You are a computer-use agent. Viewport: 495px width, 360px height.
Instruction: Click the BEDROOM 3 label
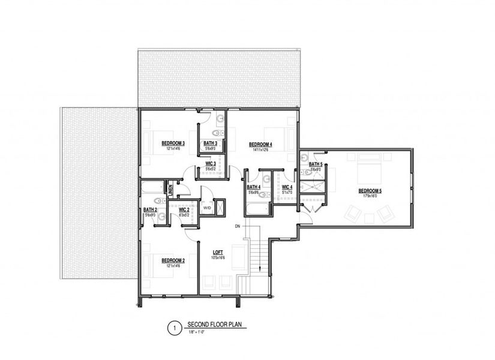click(x=173, y=143)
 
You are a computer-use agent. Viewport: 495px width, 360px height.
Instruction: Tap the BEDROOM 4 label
click(x=261, y=144)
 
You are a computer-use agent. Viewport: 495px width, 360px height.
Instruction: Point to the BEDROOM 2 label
click(x=172, y=260)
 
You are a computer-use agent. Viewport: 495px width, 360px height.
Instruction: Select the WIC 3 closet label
click(x=210, y=163)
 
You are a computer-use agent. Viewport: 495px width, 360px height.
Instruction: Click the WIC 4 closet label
click(x=287, y=187)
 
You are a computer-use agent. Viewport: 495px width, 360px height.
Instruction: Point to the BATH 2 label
click(x=150, y=209)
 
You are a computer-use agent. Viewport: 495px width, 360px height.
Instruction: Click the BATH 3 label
click(x=210, y=143)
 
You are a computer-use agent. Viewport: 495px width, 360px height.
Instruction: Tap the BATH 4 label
click(x=253, y=187)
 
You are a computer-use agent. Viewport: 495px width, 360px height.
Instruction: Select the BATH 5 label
click(x=316, y=164)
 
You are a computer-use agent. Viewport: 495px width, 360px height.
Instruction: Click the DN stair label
click(x=237, y=226)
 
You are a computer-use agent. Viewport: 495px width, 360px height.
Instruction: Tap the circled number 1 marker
click(x=173, y=328)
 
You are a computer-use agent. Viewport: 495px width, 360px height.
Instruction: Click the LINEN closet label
click(x=170, y=190)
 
